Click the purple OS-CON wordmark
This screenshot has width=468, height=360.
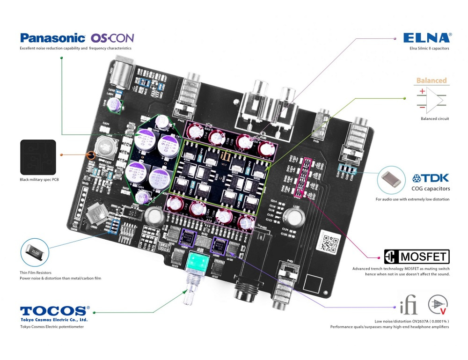(112, 38)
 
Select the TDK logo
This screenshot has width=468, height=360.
(431, 178)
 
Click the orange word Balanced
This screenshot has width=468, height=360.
(431, 81)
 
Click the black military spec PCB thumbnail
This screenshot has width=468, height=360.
(38, 157)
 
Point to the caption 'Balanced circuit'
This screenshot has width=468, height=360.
(435, 119)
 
